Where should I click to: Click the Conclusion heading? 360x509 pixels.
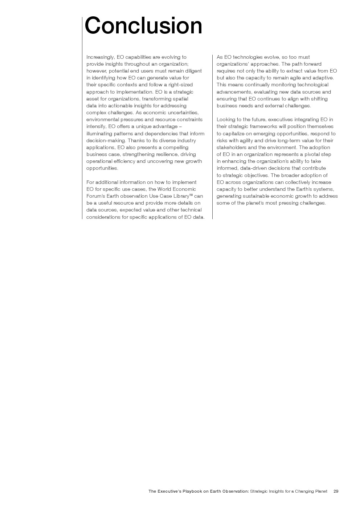click(x=143, y=26)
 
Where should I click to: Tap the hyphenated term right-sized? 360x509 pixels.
click(x=180, y=85)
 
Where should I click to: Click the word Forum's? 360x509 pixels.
click(x=95, y=196)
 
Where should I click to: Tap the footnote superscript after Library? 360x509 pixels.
click(x=191, y=195)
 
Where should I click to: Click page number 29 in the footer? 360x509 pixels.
click(x=336, y=492)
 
